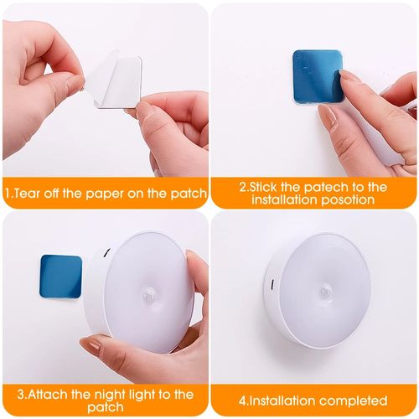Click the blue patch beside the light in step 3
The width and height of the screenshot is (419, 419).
point(61,277)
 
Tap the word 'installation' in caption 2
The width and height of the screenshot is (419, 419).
point(281,202)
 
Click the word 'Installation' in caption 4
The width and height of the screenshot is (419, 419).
point(272,401)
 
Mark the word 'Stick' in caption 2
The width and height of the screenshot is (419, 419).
point(268,187)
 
